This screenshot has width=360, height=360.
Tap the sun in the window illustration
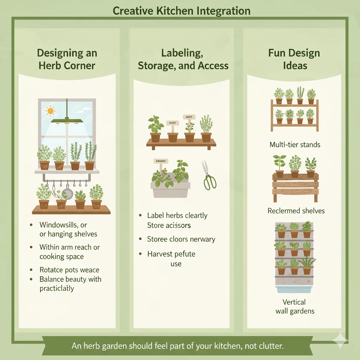pyautogui.click(x=51, y=111)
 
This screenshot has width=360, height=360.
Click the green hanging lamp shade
pyautogui.click(x=67, y=121)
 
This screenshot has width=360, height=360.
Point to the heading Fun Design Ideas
pyautogui.click(x=294, y=59)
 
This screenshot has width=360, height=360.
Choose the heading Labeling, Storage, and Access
pyautogui.click(x=183, y=59)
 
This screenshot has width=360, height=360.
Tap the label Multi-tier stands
pyautogui.click(x=295, y=144)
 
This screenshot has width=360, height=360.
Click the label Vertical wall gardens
pyautogui.click(x=295, y=306)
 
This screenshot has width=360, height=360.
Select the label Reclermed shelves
pyautogui.click(x=296, y=211)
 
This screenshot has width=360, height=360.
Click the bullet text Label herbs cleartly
pyautogui.click(x=177, y=216)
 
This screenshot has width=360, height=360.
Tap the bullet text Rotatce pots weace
pyautogui.click(x=69, y=270)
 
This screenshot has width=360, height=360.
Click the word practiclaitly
pyautogui.click(x=57, y=288)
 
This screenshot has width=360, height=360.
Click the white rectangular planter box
pyautogui.click(x=170, y=190)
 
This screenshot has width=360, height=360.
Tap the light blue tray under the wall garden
pyautogui.click(x=295, y=289)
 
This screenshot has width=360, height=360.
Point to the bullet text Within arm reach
pyautogui.click(x=70, y=247)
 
